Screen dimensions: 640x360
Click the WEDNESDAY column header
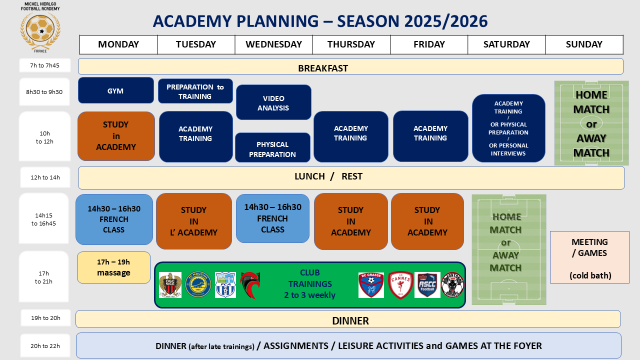(x=273, y=44)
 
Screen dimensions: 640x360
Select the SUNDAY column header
(x=584, y=44)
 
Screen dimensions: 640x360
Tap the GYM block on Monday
(x=115, y=90)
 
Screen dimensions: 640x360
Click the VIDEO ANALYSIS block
(x=273, y=102)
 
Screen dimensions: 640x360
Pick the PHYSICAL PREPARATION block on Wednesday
(x=272, y=147)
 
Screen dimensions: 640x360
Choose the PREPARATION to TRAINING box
(x=195, y=91)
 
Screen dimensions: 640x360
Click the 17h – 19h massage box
(x=113, y=267)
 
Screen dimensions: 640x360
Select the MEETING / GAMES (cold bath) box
(x=589, y=257)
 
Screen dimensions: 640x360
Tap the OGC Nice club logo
(x=170, y=285)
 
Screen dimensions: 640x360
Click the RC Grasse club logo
(x=371, y=285)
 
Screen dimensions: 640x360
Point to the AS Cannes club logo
(x=400, y=285)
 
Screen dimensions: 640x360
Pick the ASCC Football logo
(x=427, y=285)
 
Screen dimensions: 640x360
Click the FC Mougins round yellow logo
(x=198, y=284)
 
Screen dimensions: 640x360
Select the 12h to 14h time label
(x=45, y=177)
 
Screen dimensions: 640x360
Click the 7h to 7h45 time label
(x=44, y=65)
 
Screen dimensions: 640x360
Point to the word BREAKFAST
(x=323, y=68)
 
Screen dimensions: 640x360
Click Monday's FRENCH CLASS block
(x=114, y=219)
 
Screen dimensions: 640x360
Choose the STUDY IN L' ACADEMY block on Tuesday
(x=193, y=221)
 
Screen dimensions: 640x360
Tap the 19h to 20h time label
(x=45, y=318)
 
